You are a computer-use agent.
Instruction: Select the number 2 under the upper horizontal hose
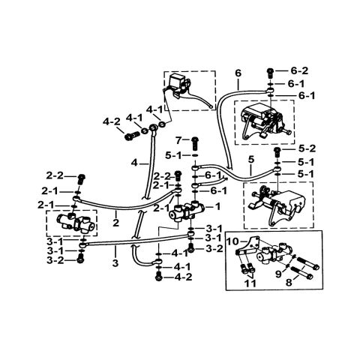pyautogui.click(x=117, y=223)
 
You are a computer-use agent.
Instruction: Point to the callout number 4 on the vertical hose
pyautogui.click(x=133, y=162)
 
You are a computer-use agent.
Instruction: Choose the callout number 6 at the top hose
pyautogui.click(x=238, y=73)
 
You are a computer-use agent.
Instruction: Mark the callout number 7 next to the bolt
pyautogui.click(x=178, y=140)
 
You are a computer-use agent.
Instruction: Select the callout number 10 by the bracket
pyautogui.click(x=232, y=242)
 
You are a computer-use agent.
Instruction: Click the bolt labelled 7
pyautogui.click(x=193, y=141)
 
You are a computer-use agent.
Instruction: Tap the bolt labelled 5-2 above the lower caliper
pyautogui.click(x=277, y=149)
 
